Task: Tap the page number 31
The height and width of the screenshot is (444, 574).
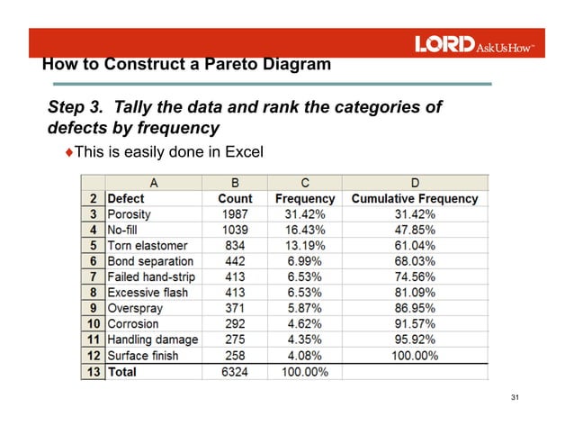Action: [516, 398]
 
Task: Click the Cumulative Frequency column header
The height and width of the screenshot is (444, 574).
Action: [415, 198]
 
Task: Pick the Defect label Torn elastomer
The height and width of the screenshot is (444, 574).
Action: [148, 246]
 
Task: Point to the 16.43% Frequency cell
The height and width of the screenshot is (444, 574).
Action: [305, 230]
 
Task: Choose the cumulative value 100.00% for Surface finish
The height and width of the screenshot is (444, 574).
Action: [414, 356]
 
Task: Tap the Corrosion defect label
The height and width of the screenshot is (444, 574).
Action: [133, 324]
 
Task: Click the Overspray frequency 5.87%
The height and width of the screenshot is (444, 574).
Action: [305, 309]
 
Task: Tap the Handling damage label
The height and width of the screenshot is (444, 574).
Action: [152, 340]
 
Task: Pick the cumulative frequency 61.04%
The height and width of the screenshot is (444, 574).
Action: [414, 246]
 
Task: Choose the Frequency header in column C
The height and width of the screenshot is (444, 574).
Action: [305, 198]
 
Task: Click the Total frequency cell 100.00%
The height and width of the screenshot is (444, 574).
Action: [305, 372]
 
